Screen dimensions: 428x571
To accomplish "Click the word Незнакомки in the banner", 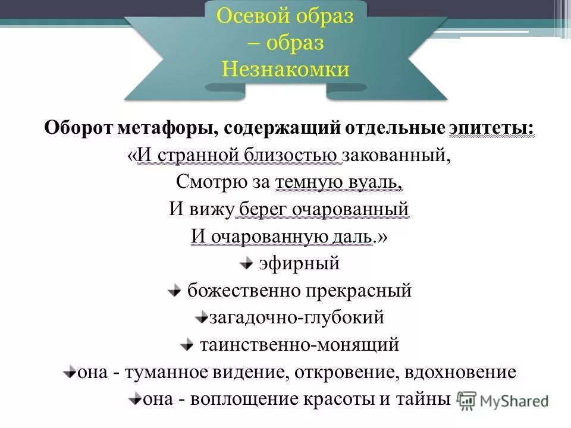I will pyautogui.click(x=285, y=70).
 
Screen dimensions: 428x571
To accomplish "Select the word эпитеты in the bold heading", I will pyautogui.click(x=491, y=128).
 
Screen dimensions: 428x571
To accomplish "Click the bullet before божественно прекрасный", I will pyautogui.click(x=174, y=291).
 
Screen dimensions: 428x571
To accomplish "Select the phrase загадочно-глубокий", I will pyautogui.click(x=296, y=317).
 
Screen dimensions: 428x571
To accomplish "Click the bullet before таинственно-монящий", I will pyautogui.click(x=187, y=345).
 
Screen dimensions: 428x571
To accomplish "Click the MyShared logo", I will pyautogui.click(x=503, y=400).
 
